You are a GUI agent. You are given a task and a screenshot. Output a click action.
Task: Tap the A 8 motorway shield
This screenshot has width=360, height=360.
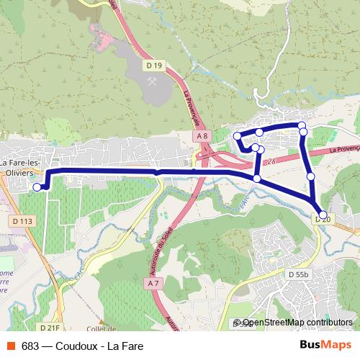[202, 136]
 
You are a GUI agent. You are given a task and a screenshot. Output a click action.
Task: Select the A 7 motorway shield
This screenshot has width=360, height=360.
[153, 284]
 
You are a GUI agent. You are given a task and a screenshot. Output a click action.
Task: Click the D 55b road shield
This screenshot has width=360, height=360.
[298, 274]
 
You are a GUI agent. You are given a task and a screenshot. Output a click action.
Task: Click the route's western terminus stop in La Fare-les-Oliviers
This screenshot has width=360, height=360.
[37, 187]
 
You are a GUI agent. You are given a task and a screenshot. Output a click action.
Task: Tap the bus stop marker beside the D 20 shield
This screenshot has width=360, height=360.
[323, 214]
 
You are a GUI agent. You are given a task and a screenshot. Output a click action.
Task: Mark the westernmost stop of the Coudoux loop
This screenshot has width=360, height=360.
[238, 136]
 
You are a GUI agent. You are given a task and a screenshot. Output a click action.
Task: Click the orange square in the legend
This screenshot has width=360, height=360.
[11, 345]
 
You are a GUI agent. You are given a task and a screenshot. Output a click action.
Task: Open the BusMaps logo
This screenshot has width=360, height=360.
[325, 344]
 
